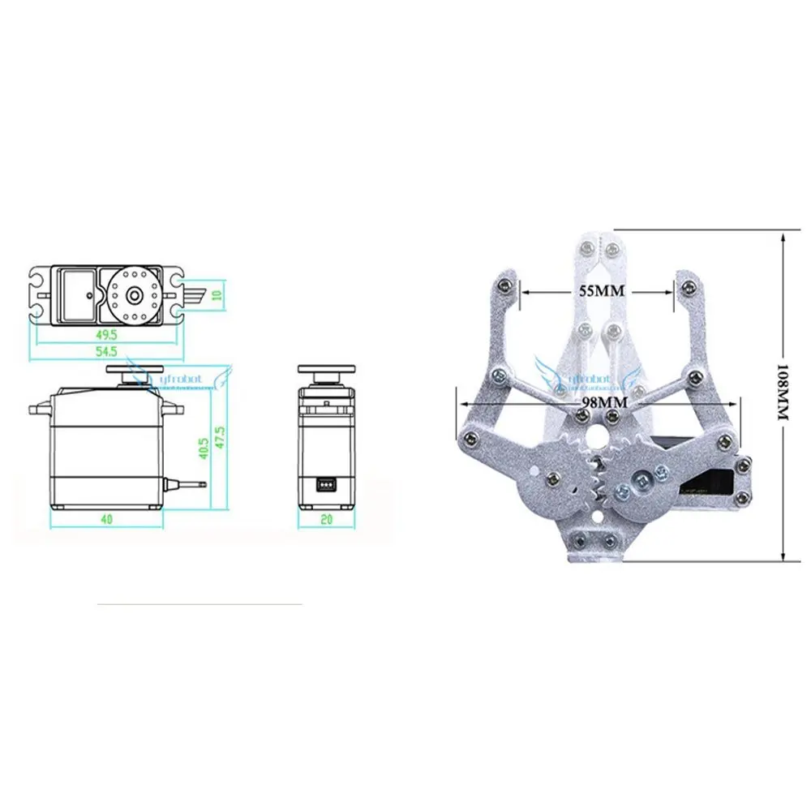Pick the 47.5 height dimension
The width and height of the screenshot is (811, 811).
coord(219,439)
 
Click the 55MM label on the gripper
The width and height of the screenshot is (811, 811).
coord(597,290)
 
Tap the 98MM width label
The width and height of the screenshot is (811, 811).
coord(597,401)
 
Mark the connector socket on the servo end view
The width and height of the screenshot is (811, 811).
coord(324,485)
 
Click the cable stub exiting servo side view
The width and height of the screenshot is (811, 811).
coord(188,485)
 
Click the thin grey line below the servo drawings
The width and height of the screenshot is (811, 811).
coord(199,604)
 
